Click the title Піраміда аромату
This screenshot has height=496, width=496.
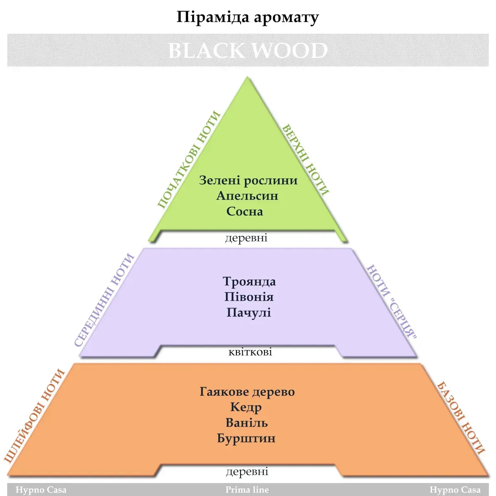(x=248, y=18)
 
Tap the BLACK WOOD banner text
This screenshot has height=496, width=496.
(x=248, y=50)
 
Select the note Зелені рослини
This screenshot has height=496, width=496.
(x=248, y=180)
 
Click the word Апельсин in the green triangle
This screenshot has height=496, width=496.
(x=247, y=196)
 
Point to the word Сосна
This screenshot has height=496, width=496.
(x=245, y=211)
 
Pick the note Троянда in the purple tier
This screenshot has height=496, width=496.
(x=249, y=281)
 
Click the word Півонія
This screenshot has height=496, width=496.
(x=249, y=297)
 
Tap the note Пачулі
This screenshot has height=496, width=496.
(x=248, y=312)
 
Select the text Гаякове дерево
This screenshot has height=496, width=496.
(x=247, y=391)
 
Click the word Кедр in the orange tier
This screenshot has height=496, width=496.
(x=246, y=407)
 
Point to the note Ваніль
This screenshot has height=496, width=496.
(x=247, y=423)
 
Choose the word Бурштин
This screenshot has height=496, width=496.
(x=246, y=438)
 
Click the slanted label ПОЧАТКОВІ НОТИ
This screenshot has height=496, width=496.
(x=189, y=160)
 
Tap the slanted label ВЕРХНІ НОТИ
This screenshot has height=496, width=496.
(x=306, y=160)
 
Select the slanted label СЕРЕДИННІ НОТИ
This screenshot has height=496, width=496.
(x=105, y=300)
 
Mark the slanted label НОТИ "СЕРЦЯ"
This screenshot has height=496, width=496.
(x=391, y=301)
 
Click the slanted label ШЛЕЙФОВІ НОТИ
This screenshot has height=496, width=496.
(x=35, y=415)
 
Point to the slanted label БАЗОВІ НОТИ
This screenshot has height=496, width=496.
(x=460, y=417)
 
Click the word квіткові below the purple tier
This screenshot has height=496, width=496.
(x=250, y=352)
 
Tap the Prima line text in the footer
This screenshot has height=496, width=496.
(x=247, y=490)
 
